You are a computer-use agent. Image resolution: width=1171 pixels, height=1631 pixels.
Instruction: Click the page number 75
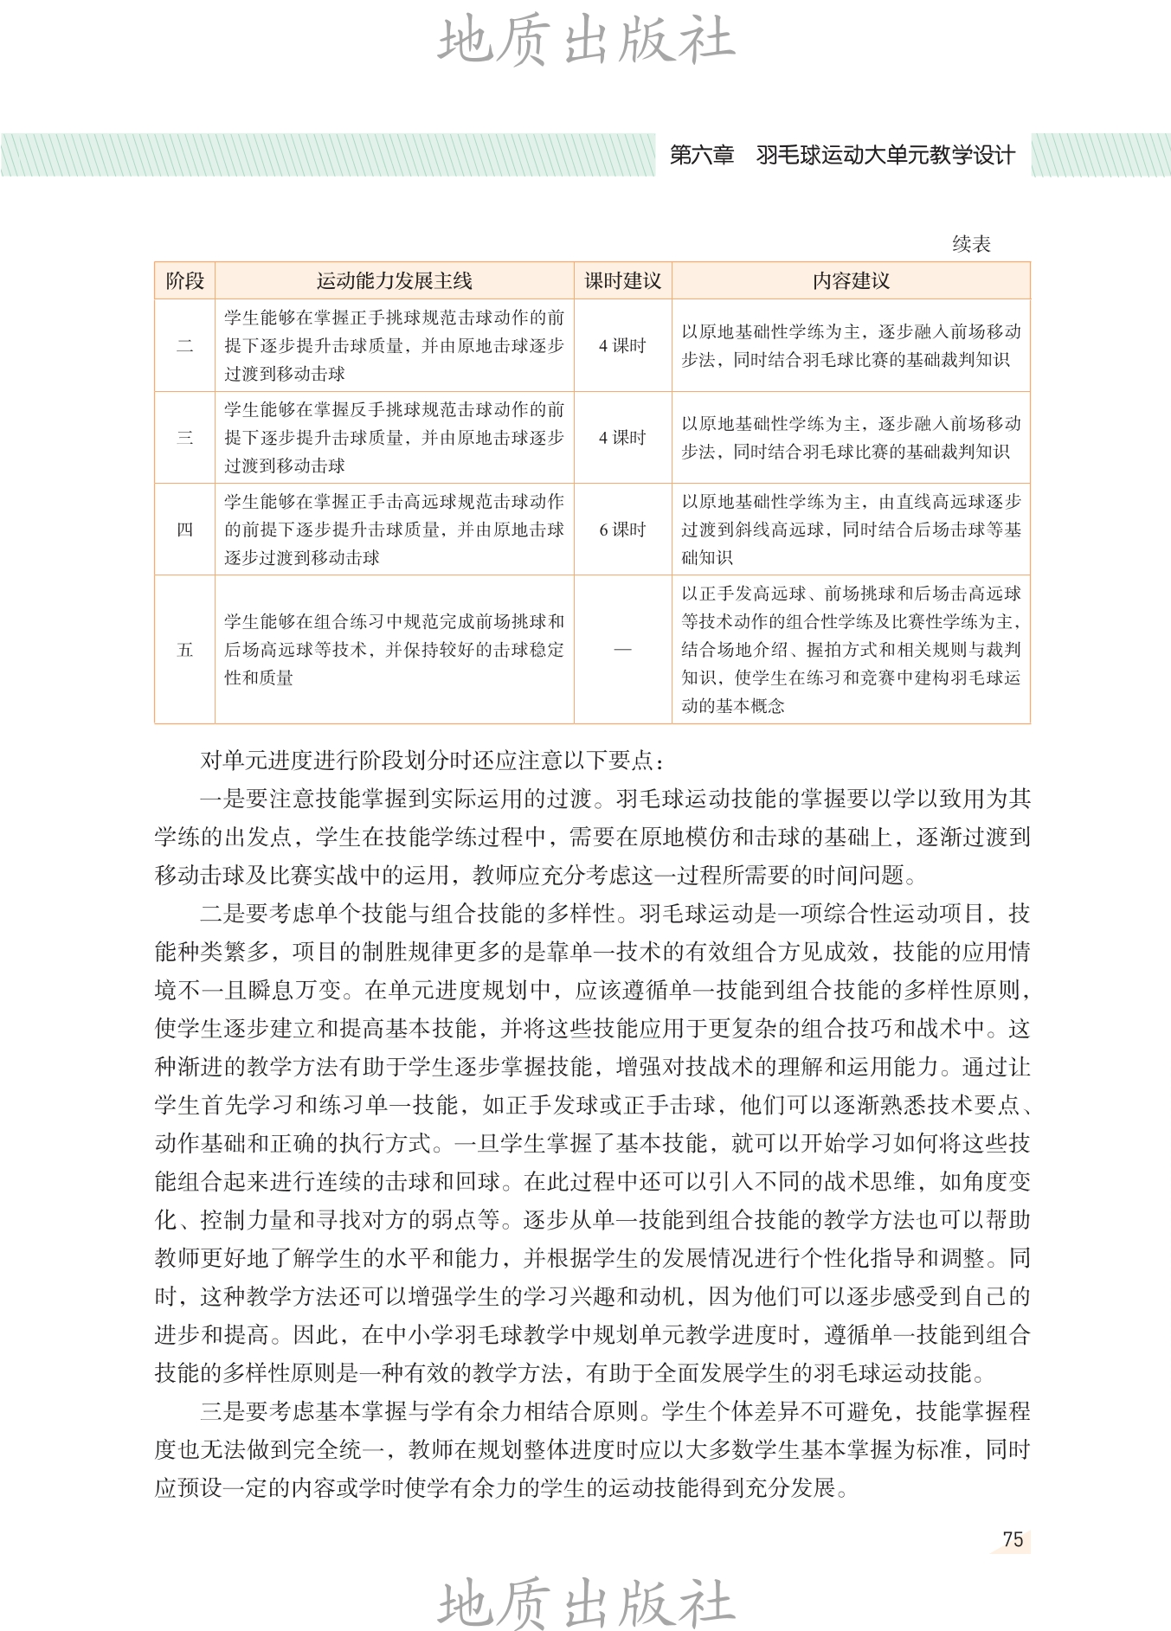(x=1013, y=1539)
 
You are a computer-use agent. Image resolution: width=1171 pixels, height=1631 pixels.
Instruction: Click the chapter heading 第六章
(x=702, y=156)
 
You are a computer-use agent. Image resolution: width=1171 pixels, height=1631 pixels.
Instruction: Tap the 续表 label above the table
(x=971, y=245)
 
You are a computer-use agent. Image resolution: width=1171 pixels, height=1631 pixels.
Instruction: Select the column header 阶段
(x=184, y=281)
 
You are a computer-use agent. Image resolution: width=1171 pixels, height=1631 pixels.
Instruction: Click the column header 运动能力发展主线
(x=394, y=281)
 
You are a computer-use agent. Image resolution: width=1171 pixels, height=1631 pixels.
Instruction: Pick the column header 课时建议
(x=622, y=281)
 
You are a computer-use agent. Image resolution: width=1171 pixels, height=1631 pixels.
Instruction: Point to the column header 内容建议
(x=851, y=281)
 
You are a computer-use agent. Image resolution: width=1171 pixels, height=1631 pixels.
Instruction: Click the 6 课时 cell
(x=622, y=530)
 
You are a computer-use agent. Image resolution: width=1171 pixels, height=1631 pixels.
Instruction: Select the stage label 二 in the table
(x=184, y=346)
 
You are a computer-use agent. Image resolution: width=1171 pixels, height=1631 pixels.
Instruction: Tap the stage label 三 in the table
(x=184, y=438)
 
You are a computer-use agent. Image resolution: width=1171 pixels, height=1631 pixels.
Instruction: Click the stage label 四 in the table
(x=184, y=530)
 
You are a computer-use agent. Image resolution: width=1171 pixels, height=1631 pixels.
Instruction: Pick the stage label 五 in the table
(x=184, y=650)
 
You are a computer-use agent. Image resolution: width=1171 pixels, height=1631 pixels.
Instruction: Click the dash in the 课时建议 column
(x=622, y=650)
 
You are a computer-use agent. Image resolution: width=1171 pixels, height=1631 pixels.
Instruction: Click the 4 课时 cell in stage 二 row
(x=622, y=346)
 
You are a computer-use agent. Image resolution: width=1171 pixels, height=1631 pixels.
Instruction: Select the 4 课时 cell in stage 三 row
(x=622, y=438)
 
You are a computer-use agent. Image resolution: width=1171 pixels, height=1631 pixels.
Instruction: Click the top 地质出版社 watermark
(x=586, y=41)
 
